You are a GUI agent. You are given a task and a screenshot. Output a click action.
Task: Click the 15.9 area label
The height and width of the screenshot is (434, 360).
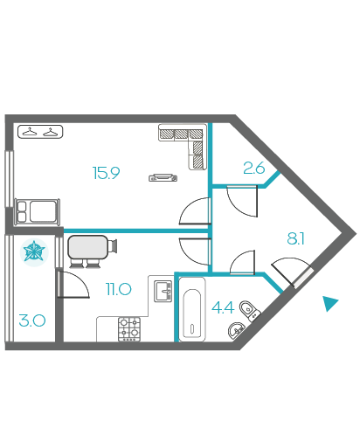pyautogui.click(x=106, y=173)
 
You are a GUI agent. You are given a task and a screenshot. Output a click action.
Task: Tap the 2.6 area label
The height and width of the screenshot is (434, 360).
pyautogui.click(x=254, y=168)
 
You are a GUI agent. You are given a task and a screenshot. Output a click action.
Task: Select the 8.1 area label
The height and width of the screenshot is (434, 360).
pyautogui.click(x=295, y=238)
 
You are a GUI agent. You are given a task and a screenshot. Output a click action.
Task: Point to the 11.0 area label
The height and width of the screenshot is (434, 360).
pyautogui.click(x=119, y=289)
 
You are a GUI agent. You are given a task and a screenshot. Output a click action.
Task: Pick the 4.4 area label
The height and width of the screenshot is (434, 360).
pyautogui.click(x=223, y=307)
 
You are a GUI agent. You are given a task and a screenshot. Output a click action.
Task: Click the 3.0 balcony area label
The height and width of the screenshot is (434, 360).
pyautogui.click(x=32, y=320)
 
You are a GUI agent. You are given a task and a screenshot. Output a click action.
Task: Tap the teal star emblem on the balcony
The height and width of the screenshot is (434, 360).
pyautogui.click(x=34, y=251)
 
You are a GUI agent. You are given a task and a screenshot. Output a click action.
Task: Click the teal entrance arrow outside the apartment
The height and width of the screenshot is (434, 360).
pyautogui.click(x=330, y=303)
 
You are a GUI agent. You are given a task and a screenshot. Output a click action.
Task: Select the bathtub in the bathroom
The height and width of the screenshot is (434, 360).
pyautogui.click(x=192, y=309)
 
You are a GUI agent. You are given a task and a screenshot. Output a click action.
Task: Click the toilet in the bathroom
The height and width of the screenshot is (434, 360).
pyautogui.click(x=250, y=311)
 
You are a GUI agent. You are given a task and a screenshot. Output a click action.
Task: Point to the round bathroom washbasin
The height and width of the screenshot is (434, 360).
pyautogui.click(x=236, y=330)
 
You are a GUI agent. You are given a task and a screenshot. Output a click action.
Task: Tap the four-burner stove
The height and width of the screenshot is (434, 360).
pyautogui.click(x=129, y=329)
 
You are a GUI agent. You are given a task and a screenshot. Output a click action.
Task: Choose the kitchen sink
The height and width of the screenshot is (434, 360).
pyautogui.click(x=163, y=291)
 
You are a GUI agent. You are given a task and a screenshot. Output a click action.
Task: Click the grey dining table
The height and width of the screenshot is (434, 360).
pyautogui.click(x=88, y=247)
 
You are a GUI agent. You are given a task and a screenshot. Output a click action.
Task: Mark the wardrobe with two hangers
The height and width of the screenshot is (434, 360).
pyautogui.click(x=40, y=132)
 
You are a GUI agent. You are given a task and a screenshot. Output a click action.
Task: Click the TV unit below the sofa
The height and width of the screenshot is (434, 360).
pyautogui.click(x=163, y=177)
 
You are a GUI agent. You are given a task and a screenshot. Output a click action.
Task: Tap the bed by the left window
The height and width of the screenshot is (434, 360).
pyautogui.click(x=38, y=211)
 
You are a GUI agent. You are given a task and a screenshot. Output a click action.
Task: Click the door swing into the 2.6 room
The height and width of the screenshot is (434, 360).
pyautogui.click(x=242, y=201)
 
